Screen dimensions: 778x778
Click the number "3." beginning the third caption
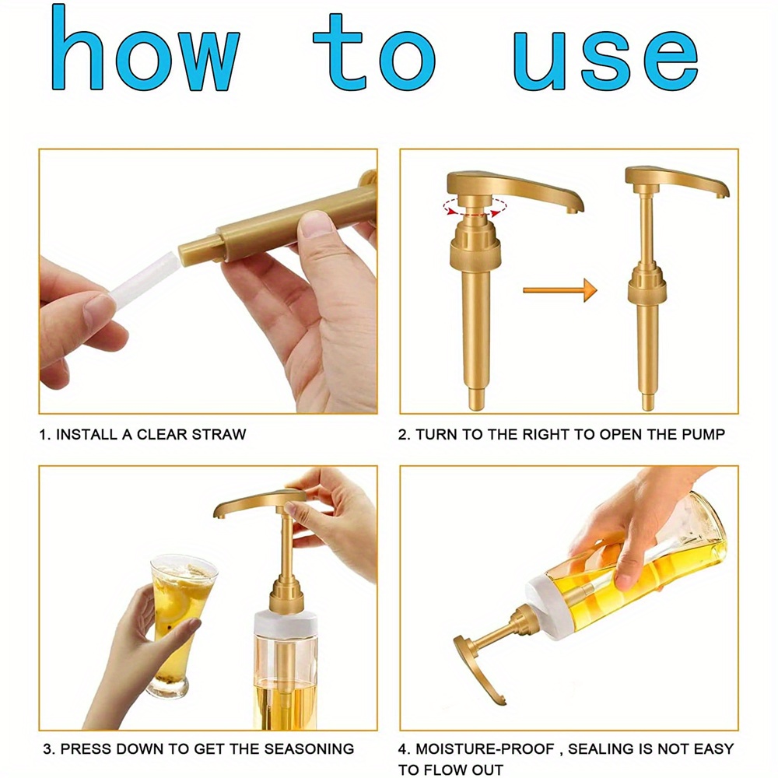pos(48,749)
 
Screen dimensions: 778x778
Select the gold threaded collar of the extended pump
pos(646,290)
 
